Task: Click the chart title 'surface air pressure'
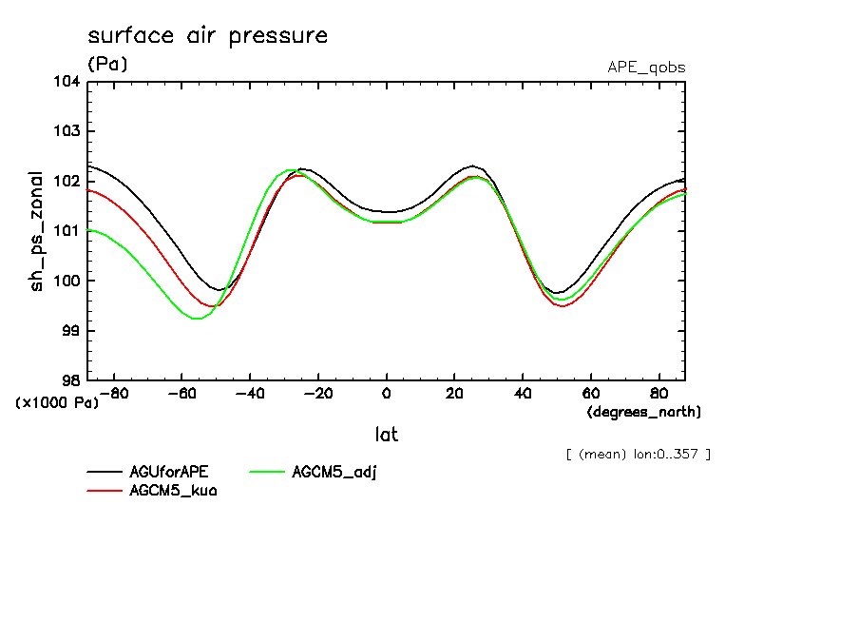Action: pyautogui.click(x=207, y=36)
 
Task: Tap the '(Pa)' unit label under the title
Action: pyautogui.click(x=106, y=65)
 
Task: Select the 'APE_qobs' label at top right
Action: pyautogui.click(x=646, y=68)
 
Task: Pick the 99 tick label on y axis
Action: pyautogui.click(x=70, y=331)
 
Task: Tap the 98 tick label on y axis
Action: pyautogui.click(x=70, y=380)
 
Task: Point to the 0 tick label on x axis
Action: pyautogui.click(x=386, y=393)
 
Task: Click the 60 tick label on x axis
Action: pyautogui.click(x=590, y=393)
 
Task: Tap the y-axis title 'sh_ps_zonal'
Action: pyautogui.click(x=37, y=231)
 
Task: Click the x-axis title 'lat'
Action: pyautogui.click(x=386, y=435)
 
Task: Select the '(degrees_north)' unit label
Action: pyautogui.click(x=644, y=412)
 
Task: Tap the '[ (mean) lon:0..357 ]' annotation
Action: pyautogui.click(x=638, y=454)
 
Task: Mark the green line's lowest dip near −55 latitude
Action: pyautogui.click(x=197, y=319)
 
